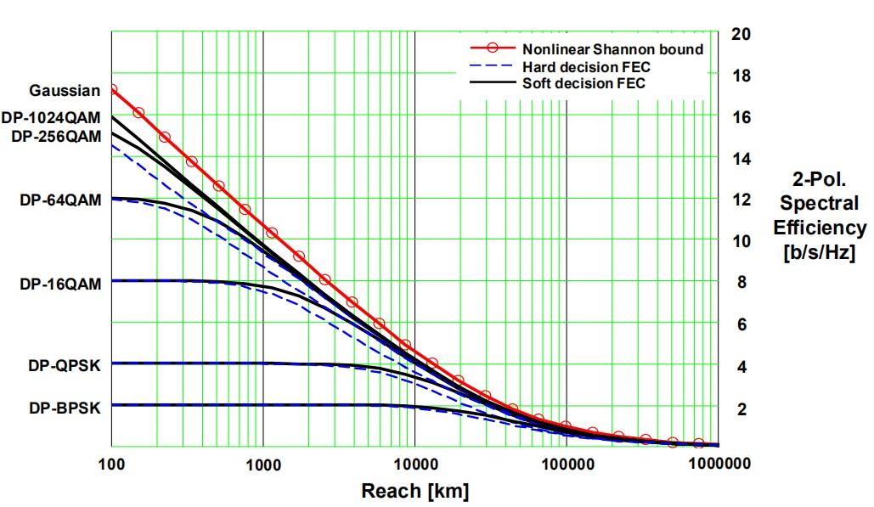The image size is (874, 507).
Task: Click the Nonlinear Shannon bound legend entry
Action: point(612,49)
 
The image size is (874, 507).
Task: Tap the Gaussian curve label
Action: point(65,91)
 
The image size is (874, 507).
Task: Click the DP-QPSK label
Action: point(64,366)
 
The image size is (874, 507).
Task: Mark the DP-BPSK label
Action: point(64,408)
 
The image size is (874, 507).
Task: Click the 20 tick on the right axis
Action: point(741,34)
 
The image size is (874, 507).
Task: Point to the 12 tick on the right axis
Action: point(741,200)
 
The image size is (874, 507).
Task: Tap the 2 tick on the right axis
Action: point(741,409)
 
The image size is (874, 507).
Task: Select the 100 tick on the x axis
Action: point(110,465)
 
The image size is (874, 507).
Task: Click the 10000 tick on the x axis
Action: point(414,465)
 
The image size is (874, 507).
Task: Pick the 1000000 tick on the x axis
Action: point(718,465)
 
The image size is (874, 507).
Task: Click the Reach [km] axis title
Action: point(414,491)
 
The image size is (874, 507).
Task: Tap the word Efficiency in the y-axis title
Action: point(820,228)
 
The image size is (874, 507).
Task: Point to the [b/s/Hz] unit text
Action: point(820,252)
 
